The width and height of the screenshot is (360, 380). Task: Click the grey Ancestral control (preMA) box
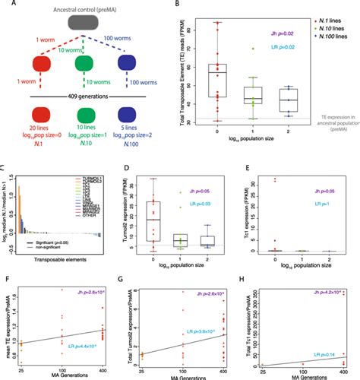71,24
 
